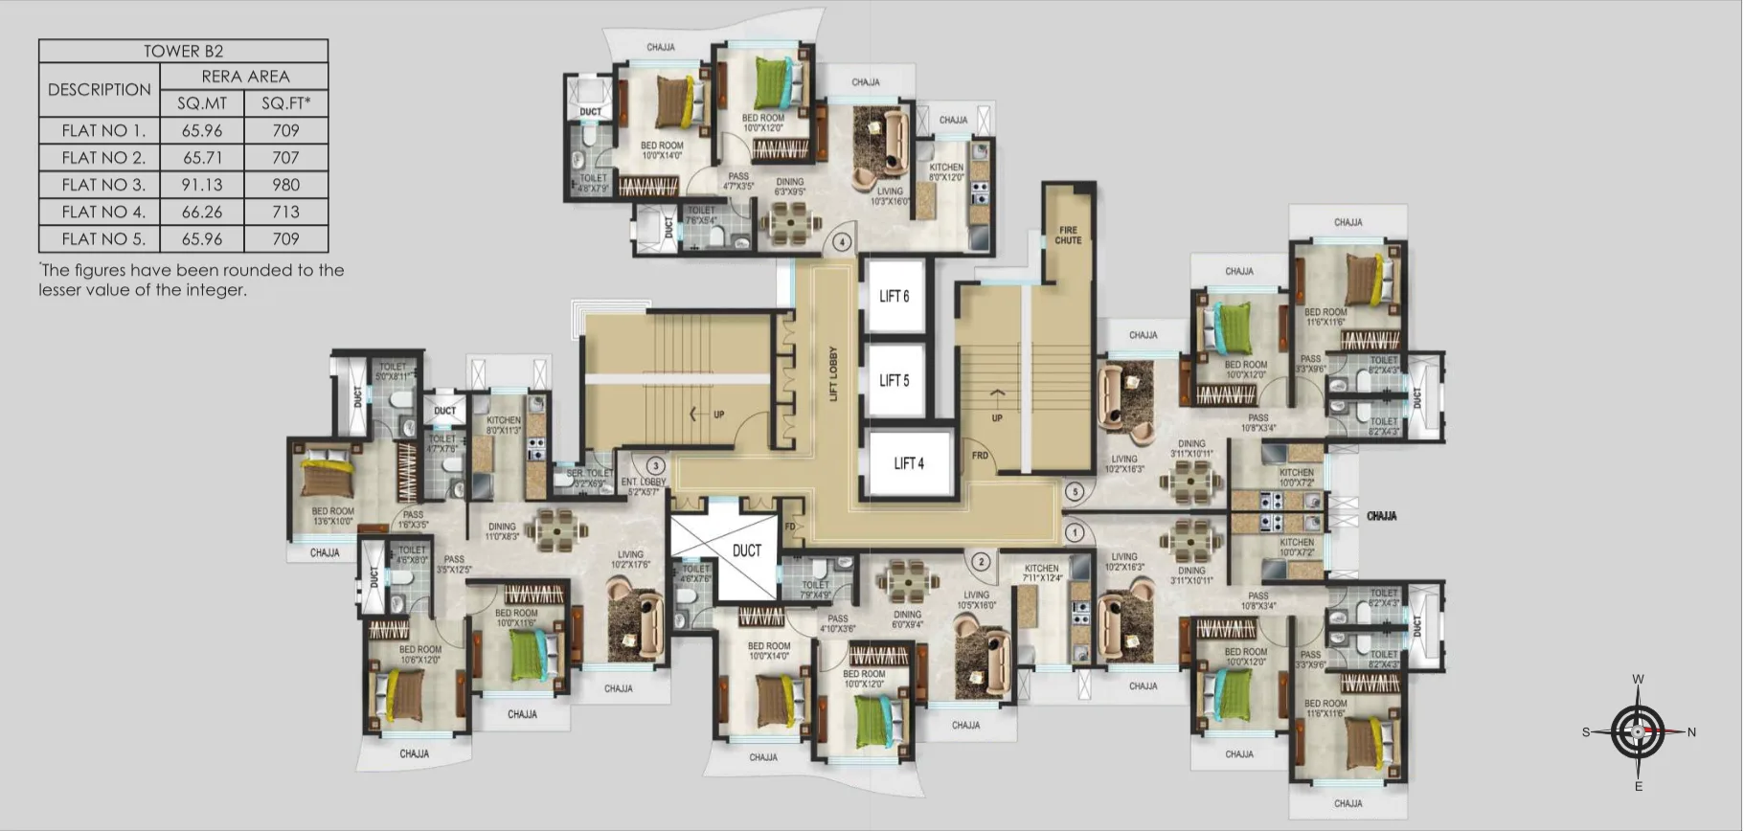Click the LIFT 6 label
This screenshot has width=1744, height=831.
click(x=894, y=297)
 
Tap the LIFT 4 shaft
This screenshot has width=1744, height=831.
click(x=909, y=463)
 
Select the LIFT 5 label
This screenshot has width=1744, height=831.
click(x=894, y=381)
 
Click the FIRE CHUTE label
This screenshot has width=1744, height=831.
click(x=1068, y=236)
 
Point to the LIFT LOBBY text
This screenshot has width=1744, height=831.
click(x=833, y=373)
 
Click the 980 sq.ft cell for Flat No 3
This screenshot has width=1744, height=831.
click(x=285, y=185)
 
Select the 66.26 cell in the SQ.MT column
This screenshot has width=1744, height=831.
click(x=202, y=212)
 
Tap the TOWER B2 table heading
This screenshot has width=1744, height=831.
click(x=183, y=52)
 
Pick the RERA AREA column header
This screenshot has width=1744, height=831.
click(x=244, y=77)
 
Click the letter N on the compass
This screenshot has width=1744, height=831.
click(x=1691, y=732)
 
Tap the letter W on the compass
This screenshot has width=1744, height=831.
click(x=1638, y=680)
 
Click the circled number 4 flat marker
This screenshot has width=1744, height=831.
click(x=842, y=242)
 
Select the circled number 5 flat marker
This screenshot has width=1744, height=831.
click(x=1075, y=492)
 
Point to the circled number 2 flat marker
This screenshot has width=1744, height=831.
click(x=981, y=562)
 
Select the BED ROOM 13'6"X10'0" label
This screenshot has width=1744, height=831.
click(x=332, y=517)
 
